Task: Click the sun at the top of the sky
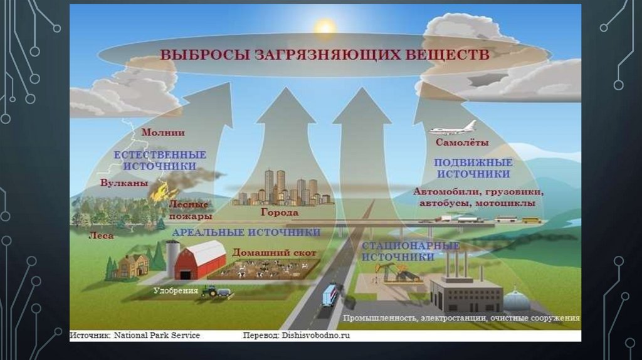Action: pyautogui.click(x=326, y=27)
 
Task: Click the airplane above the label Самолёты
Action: pyautogui.click(x=453, y=128)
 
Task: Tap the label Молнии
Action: pyautogui.click(x=162, y=132)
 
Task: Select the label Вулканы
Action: pyautogui.click(x=124, y=184)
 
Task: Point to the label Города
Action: pyautogui.click(x=279, y=212)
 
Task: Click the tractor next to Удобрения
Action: pyautogui.click(x=210, y=291)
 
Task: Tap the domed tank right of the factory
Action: pyautogui.click(x=517, y=299)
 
